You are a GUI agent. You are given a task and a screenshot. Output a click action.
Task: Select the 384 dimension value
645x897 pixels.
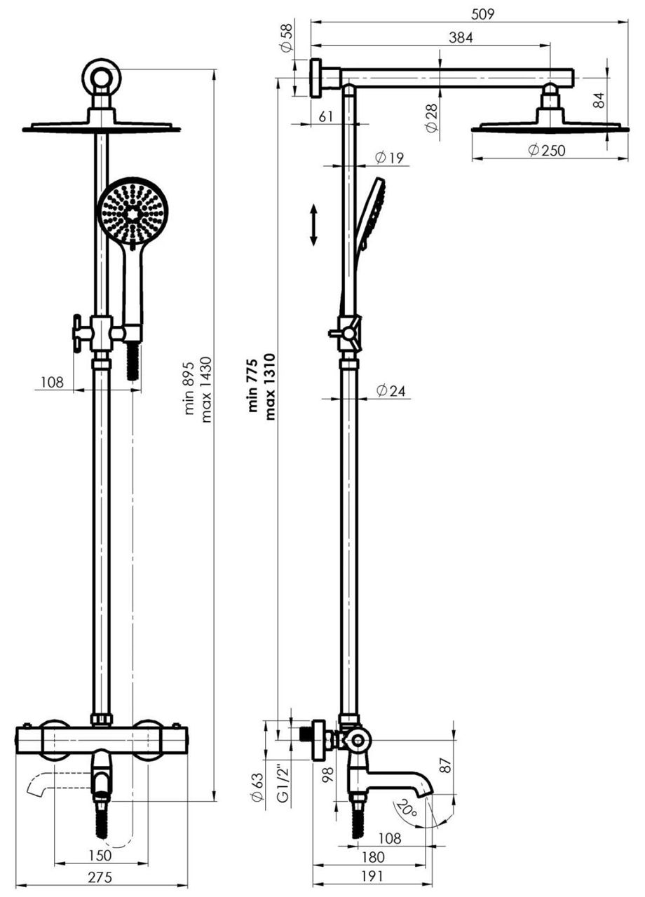[460, 39]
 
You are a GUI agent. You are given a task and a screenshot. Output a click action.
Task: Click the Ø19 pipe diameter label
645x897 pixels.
[389, 158]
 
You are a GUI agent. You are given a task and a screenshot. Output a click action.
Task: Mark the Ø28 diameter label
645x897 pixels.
[431, 117]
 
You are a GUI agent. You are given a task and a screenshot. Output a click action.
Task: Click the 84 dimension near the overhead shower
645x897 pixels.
[598, 100]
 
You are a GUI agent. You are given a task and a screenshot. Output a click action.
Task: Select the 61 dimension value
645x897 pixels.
[326, 117]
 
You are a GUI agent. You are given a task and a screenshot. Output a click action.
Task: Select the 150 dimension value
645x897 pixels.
[100, 855]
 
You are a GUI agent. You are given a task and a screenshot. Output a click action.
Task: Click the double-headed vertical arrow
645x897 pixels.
[313, 225]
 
